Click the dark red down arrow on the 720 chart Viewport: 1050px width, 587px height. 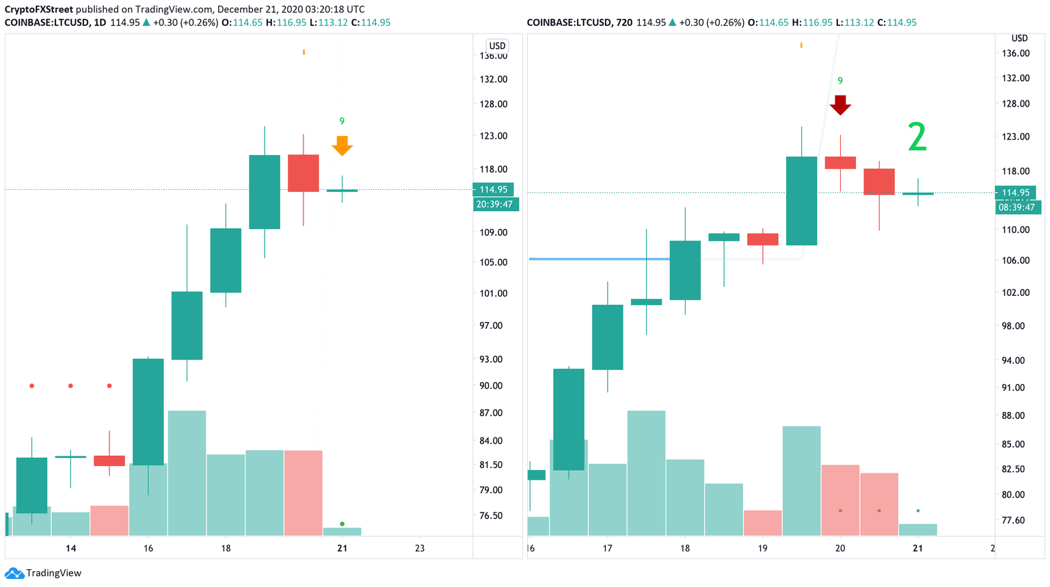pos(840,105)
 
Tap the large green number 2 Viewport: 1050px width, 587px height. pos(917,137)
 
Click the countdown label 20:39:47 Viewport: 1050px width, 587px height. pos(496,204)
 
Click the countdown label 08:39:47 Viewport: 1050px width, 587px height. pos(1017,207)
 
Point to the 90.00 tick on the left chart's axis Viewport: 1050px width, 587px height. pos(491,385)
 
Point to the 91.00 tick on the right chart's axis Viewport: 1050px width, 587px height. pos(1013,387)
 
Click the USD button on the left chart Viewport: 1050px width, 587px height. pos(497,46)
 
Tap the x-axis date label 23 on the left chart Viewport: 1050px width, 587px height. pos(420,548)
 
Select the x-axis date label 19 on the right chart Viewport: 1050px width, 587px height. pos(762,548)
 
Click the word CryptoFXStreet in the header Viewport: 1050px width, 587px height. pos(39,9)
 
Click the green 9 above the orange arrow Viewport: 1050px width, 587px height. pos(342,122)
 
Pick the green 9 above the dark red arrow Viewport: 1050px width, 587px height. pos(840,81)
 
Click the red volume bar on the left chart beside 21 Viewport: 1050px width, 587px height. pos(303,492)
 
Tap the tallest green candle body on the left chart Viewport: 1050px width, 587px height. pos(148,411)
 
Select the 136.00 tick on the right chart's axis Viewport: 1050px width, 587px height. pos(1015,53)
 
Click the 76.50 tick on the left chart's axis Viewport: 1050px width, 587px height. pos(491,515)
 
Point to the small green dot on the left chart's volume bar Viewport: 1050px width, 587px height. pos(342,524)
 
